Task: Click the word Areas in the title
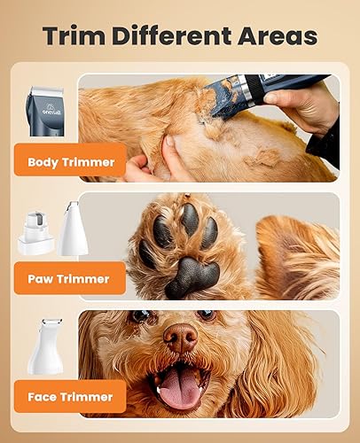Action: tap(275, 37)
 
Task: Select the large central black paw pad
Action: tap(192, 276)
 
